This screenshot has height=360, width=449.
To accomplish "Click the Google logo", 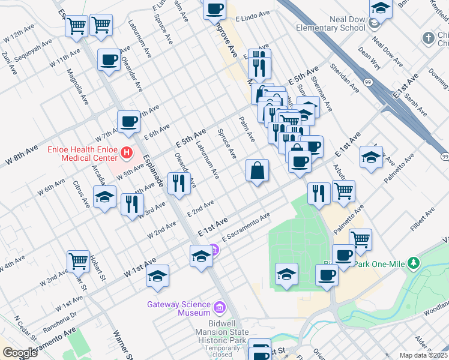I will point(20,353).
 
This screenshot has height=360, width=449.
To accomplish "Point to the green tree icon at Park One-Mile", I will point(413,263).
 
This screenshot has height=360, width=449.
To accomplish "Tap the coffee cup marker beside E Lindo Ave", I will point(214,8).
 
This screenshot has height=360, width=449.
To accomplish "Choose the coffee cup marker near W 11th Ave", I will point(109,59).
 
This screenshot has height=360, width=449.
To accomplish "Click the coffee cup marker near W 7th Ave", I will point(128,122).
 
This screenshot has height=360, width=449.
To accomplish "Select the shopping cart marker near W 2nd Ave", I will point(78,261).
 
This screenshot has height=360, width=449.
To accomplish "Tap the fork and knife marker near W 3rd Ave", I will point(129,204).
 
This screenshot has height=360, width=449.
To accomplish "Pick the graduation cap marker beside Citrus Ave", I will point(104,197).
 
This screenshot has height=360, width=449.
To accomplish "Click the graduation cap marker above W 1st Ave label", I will point(158,276).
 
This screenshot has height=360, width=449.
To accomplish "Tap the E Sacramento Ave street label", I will point(246,226).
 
